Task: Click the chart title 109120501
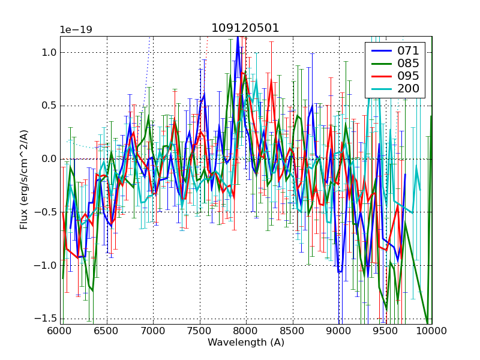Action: point(245,28)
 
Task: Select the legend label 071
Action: point(408,50)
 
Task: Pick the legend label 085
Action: point(408,63)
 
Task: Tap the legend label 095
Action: point(408,76)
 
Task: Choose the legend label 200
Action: point(408,89)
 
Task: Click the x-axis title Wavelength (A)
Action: point(246,343)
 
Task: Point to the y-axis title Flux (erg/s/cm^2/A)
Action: point(24,179)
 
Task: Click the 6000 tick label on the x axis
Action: point(60,331)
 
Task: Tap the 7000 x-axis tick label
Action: point(153,331)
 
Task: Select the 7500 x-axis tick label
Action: point(199,331)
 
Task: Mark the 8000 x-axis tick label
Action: point(246,331)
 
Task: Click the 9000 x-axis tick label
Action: point(339,331)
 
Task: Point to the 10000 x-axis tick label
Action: point(431,331)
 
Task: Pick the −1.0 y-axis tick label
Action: point(47,265)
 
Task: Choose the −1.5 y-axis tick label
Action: point(47,318)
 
